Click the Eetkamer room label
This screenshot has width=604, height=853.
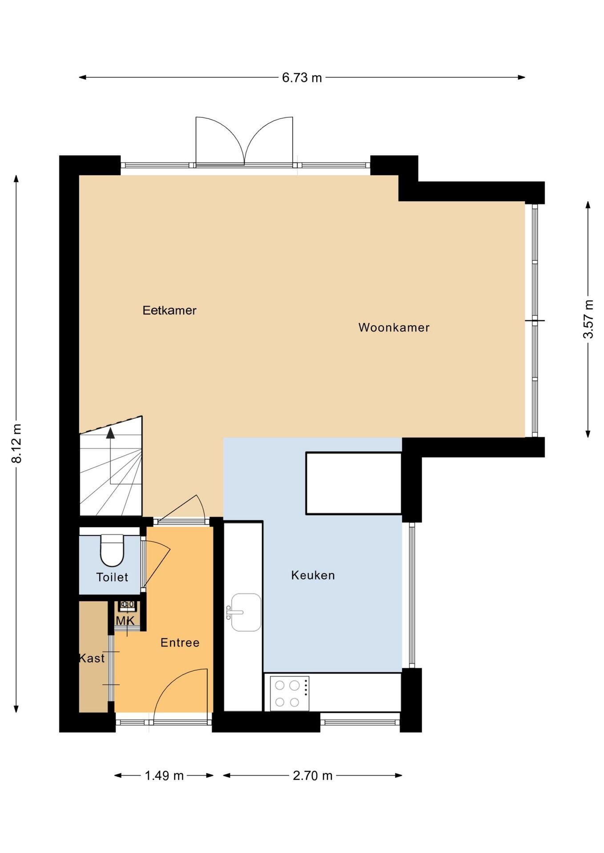(169, 310)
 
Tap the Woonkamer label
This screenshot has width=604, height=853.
(394, 327)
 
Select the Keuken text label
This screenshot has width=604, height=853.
(313, 575)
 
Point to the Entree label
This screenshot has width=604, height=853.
(180, 642)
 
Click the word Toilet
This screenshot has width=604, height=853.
(112, 577)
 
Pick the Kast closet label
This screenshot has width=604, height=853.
(92, 658)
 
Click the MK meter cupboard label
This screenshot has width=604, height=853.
(125, 621)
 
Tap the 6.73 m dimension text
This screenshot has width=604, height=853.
(302, 78)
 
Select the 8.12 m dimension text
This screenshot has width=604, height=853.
(16, 443)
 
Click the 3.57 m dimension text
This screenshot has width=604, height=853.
(588, 319)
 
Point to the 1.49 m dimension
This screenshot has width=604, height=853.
(164, 776)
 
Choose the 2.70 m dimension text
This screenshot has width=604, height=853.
(313, 776)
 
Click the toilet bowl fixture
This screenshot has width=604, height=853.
(112, 550)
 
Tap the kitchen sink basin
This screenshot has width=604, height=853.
(246, 612)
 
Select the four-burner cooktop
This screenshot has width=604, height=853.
(290, 694)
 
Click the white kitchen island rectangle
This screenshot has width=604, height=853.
(354, 483)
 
